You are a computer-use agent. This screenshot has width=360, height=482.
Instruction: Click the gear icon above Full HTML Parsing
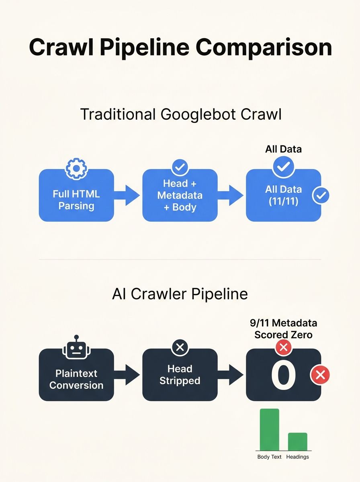click(76, 169)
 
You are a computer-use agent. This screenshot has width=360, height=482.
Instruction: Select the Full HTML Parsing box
click(76, 200)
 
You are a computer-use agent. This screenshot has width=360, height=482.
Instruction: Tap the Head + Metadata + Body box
click(180, 196)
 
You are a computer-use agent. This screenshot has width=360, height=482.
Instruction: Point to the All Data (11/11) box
click(283, 196)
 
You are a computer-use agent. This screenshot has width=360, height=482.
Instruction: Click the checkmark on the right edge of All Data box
click(321, 196)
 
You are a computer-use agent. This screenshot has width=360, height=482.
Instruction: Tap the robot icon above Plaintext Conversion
click(76, 346)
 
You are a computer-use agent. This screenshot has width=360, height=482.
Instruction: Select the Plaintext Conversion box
click(76, 379)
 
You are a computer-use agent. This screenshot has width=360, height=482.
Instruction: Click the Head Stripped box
click(180, 374)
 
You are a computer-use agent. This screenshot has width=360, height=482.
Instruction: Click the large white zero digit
click(283, 375)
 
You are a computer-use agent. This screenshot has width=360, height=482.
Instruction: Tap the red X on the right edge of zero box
click(320, 375)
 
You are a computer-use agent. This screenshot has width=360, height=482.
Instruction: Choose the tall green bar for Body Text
click(269, 429)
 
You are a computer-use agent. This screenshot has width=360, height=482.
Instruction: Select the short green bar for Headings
click(297, 441)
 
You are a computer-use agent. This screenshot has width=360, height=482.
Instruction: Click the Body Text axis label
click(269, 457)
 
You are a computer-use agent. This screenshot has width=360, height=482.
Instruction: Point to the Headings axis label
click(297, 457)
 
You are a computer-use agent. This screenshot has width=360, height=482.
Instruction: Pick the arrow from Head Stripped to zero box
click(232, 374)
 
